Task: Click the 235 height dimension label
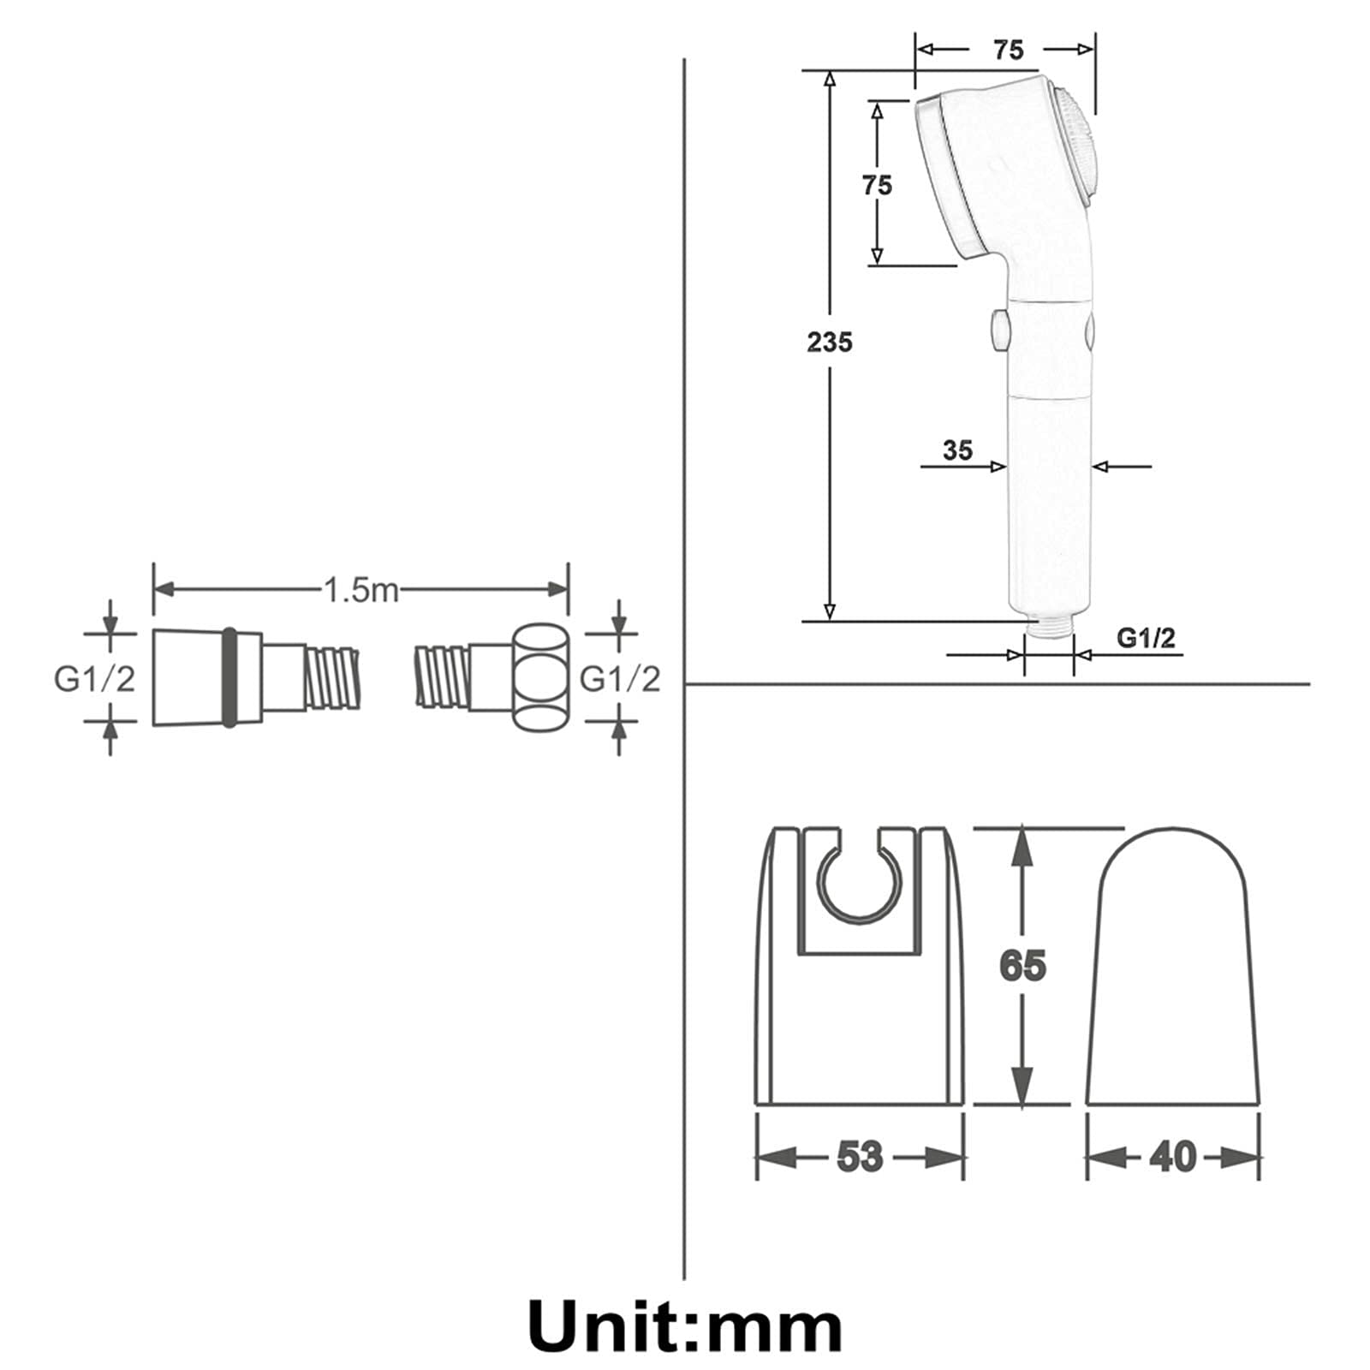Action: click(x=830, y=342)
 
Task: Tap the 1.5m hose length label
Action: click(x=360, y=590)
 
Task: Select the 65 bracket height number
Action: click(x=1022, y=966)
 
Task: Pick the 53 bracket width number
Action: click(x=859, y=1157)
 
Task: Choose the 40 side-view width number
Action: click(x=1172, y=1157)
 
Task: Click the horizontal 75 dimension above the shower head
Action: click(x=1008, y=50)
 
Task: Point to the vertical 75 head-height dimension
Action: click(x=877, y=185)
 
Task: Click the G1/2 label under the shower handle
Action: click(x=1147, y=638)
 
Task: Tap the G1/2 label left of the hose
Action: click(x=94, y=679)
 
